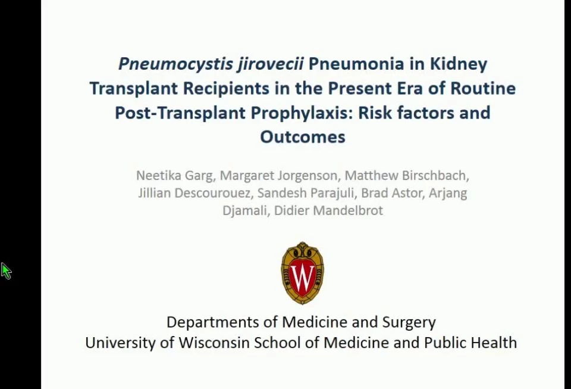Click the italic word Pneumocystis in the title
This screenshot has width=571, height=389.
(x=175, y=64)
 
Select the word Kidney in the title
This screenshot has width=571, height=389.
(x=459, y=64)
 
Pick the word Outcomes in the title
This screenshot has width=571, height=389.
(x=303, y=136)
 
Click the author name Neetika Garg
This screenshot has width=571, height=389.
(x=174, y=176)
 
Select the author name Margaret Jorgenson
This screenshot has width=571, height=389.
(x=278, y=176)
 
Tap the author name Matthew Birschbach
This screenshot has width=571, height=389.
(x=405, y=175)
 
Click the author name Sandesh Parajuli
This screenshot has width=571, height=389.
(x=306, y=193)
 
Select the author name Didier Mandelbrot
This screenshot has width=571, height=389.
(x=328, y=210)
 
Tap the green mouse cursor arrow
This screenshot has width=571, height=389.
(x=6, y=271)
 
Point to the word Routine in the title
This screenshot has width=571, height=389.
(x=483, y=89)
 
